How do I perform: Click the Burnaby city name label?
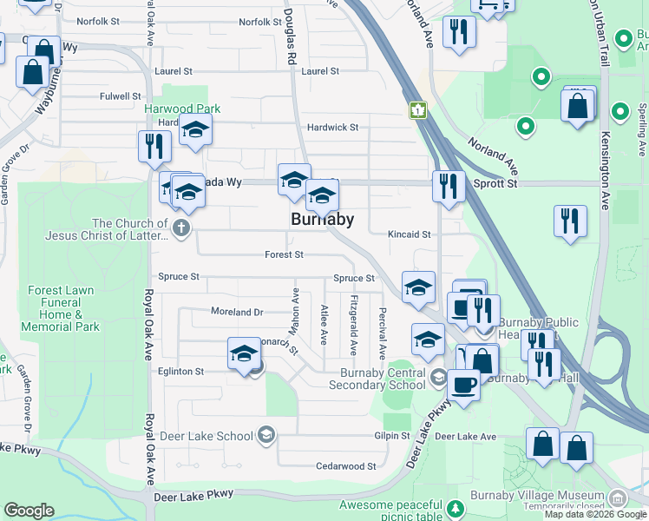click(321, 220)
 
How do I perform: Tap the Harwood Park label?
click(182, 109)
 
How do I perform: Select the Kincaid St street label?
click(410, 234)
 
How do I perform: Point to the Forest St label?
click(285, 255)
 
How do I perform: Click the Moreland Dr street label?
click(236, 311)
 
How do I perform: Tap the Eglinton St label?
click(181, 371)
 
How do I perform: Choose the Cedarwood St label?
click(346, 466)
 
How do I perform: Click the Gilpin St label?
click(392, 436)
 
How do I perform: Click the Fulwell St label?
click(120, 96)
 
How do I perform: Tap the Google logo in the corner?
click(29, 511)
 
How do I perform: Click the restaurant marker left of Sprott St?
click(449, 188)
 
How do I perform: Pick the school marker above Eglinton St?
click(244, 353)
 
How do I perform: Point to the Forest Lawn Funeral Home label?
click(61, 308)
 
